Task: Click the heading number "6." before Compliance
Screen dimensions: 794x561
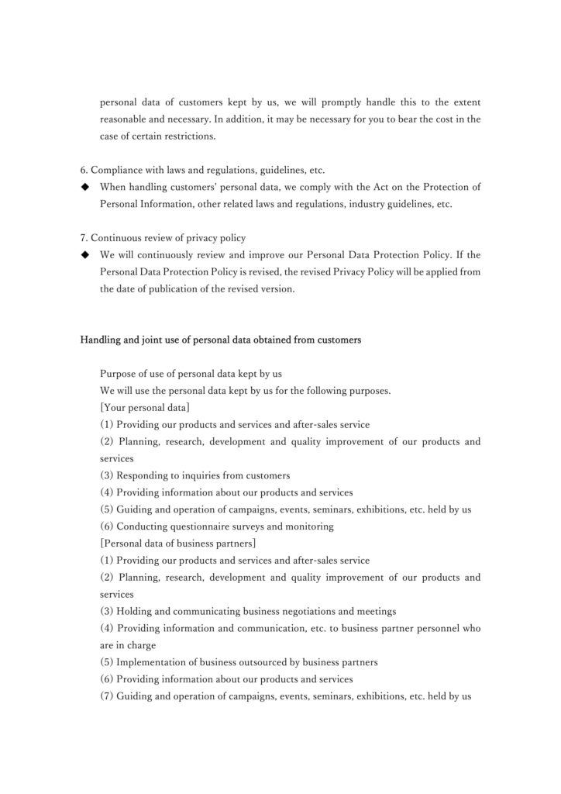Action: coord(85,170)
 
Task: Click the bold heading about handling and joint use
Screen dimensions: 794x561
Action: coord(221,339)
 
